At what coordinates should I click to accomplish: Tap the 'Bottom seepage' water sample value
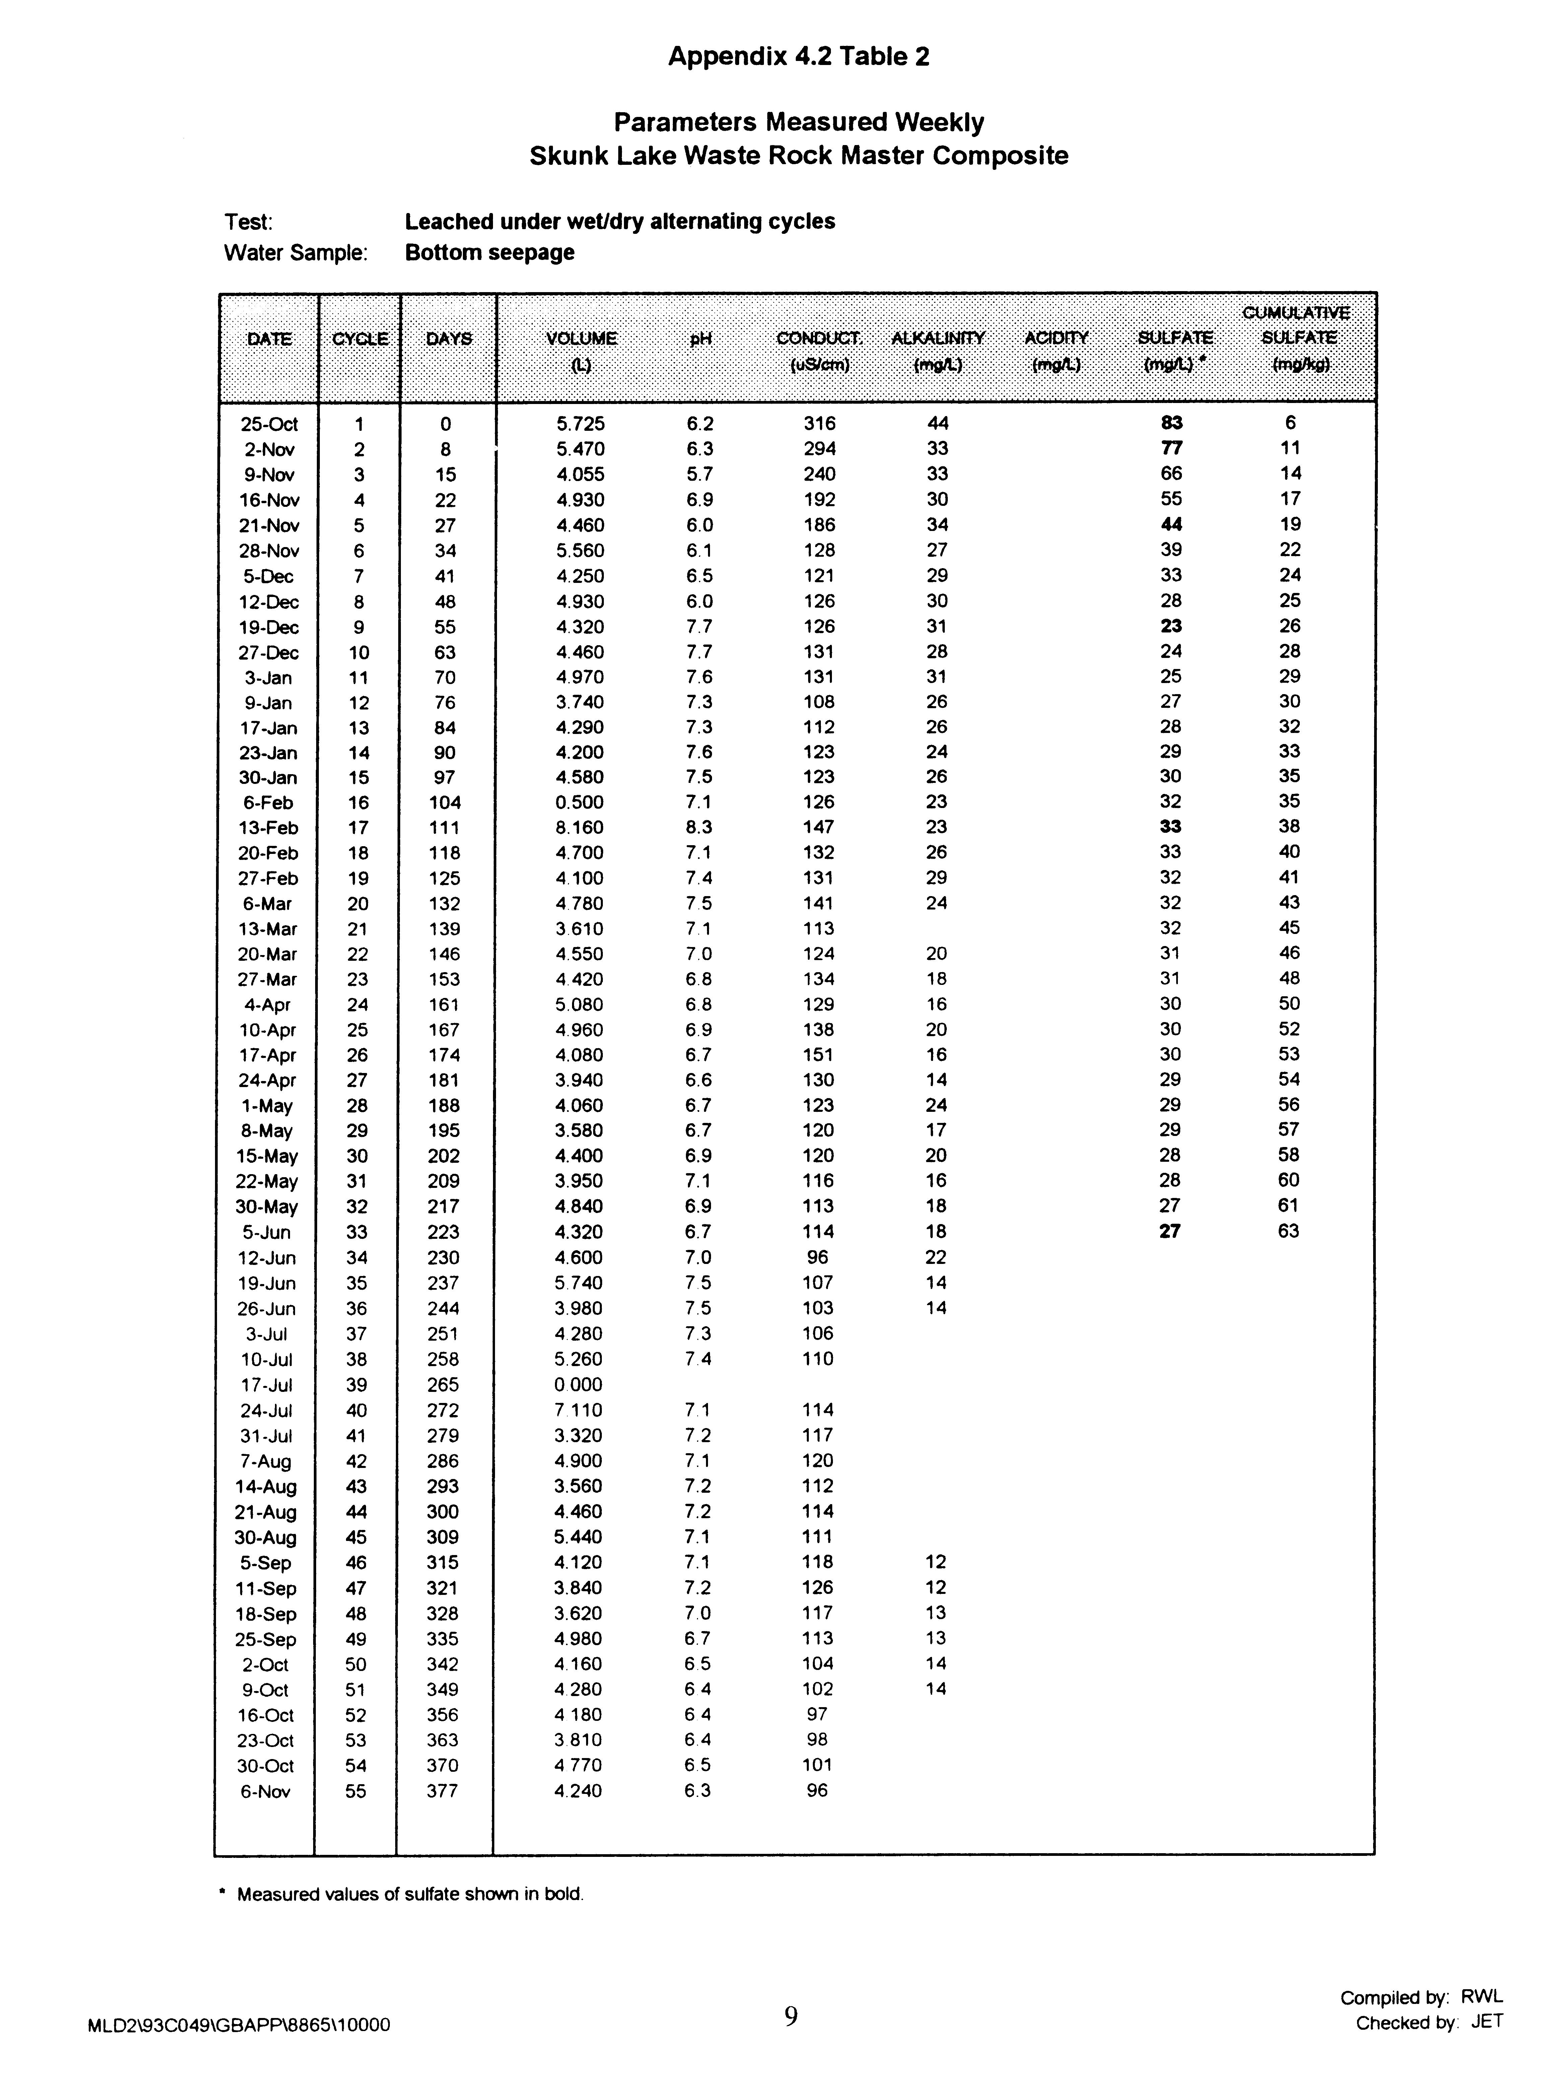pos(489,253)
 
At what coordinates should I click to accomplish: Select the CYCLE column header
pos(360,338)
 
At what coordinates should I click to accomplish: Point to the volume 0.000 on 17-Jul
pos(579,1385)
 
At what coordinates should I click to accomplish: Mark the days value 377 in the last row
pos(442,1791)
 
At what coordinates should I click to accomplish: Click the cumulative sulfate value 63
pos(1288,1231)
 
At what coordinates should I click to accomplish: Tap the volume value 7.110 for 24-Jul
pos(579,1410)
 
